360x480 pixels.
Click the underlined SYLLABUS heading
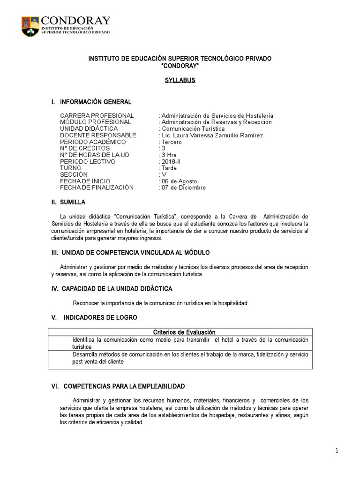tap(180, 80)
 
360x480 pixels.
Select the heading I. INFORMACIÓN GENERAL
tap(91, 102)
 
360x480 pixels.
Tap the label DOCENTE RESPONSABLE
tap(98, 135)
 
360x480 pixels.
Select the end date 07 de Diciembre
tap(183, 188)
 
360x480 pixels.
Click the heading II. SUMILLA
tap(68, 202)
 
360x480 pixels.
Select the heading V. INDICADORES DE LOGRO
tap(94, 317)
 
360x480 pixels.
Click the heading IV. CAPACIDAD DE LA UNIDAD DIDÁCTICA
tap(112, 288)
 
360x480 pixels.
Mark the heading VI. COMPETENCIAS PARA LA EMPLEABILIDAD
tap(118, 386)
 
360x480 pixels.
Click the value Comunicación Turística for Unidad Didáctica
tap(193, 129)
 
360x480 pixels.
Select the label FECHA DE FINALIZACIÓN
tap(97, 188)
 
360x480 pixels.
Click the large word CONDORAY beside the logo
tap(75, 21)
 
